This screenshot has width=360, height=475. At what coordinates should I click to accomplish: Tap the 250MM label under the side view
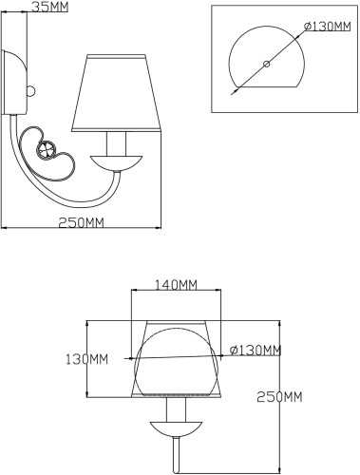[x=80, y=223]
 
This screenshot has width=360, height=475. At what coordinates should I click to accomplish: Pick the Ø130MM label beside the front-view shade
[x=256, y=351]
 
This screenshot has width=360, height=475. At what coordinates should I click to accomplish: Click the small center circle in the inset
[x=266, y=65]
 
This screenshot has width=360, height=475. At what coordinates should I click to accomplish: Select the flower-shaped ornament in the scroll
[x=45, y=148]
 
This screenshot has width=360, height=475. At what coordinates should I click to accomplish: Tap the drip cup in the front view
[x=175, y=424]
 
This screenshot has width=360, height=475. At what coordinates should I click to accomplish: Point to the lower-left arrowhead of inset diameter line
[x=232, y=92]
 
